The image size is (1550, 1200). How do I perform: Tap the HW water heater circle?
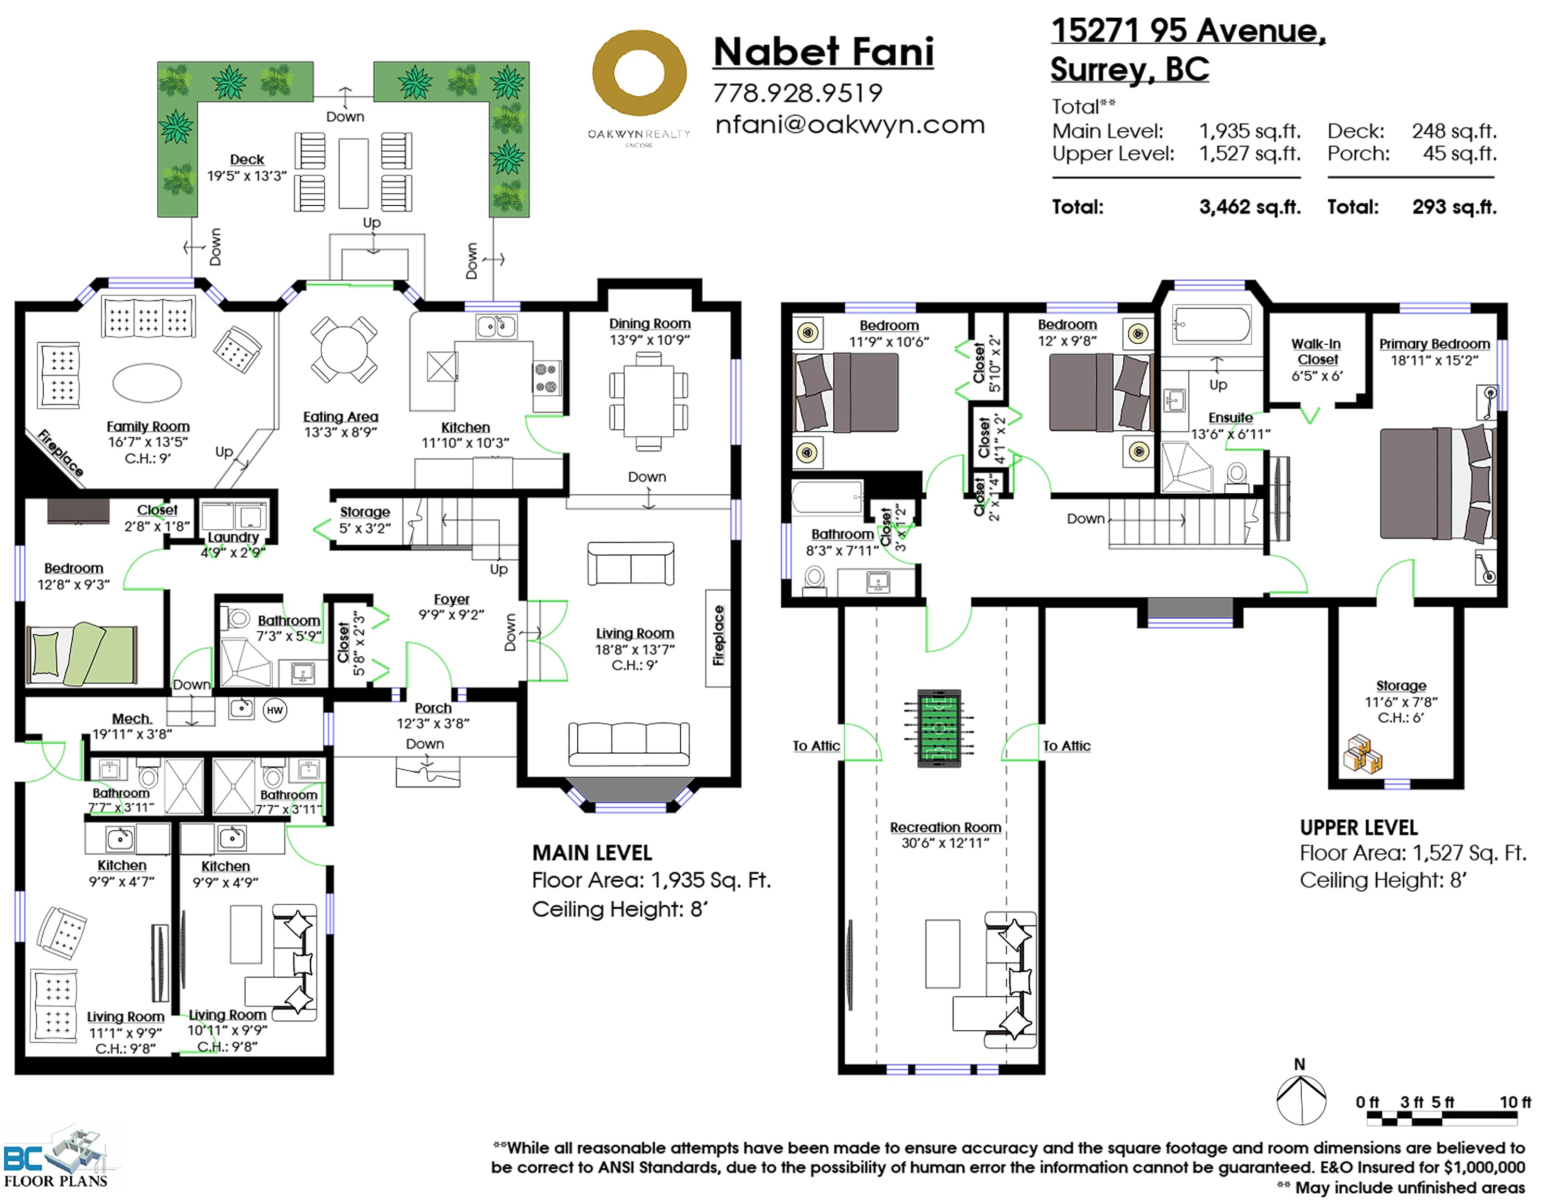click(275, 710)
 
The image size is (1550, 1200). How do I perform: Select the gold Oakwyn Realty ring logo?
click(640, 73)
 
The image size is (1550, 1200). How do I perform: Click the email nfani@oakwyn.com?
click(849, 124)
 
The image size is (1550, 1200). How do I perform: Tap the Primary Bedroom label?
click(1434, 344)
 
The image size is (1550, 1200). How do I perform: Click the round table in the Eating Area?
click(344, 349)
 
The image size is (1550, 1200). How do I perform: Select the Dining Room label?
click(650, 323)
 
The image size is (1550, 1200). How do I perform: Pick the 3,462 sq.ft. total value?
click(1250, 207)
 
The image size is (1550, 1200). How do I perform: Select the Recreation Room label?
click(945, 827)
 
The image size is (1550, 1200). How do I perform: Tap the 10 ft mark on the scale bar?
click(1515, 1102)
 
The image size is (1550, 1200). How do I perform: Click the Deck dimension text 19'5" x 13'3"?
click(247, 176)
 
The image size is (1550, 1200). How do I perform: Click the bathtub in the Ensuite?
click(1212, 326)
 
